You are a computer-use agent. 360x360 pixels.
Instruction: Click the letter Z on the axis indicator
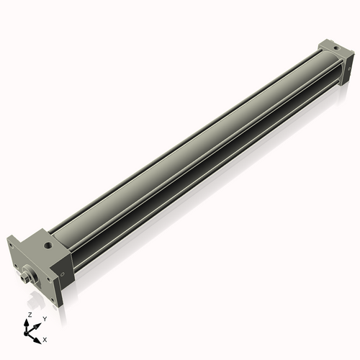pyautogui.click(x=29, y=315)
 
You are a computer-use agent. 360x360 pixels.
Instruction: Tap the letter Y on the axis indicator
pyautogui.click(x=44, y=318)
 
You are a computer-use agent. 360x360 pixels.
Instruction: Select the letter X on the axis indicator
pyautogui.click(x=45, y=338)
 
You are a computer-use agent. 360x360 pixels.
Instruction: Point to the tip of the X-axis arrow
pyautogui.click(x=40, y=336)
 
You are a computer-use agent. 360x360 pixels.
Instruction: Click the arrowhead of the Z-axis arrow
pyautogui.click(x=29, y=321)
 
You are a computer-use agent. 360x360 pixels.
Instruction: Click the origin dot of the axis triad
pyautogui.click(x=30, y=331)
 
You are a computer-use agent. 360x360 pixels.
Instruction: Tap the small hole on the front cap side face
pyautogui.click(x=63, y=273)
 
